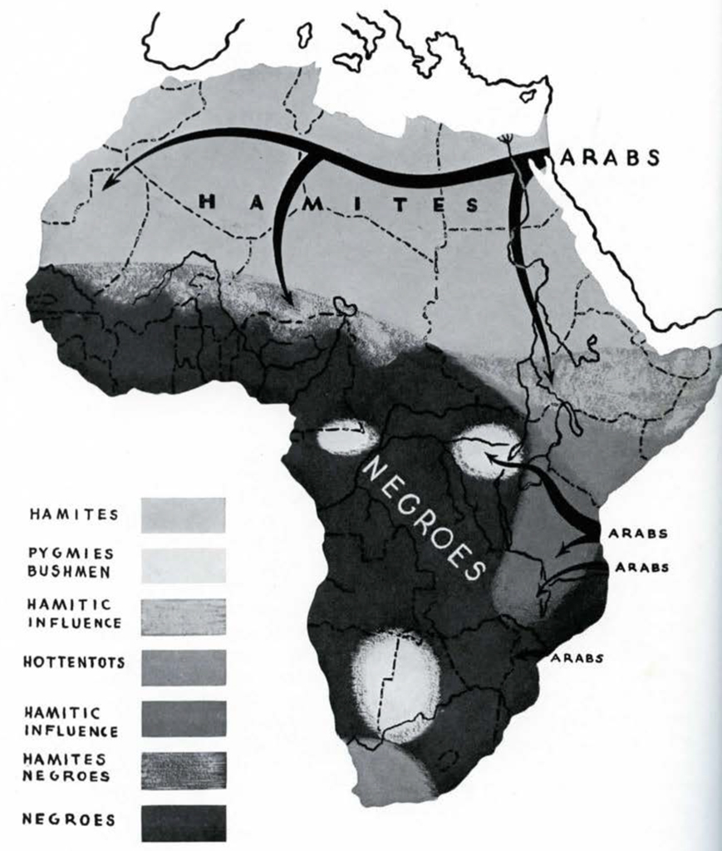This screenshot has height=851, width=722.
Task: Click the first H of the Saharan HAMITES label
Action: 211,199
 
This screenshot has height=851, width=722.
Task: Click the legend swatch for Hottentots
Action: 184,667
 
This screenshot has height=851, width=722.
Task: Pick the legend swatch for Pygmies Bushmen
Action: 184,565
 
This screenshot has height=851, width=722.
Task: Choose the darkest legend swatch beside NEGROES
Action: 184,821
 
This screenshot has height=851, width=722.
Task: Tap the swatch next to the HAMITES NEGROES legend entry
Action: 184,770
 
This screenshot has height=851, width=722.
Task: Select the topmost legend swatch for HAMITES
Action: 184,514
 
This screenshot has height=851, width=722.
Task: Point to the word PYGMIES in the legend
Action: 71,553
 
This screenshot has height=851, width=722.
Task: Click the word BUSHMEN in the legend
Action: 71,571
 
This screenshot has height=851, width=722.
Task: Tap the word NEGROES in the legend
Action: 69,819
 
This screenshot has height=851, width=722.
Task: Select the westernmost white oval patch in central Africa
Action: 348,438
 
